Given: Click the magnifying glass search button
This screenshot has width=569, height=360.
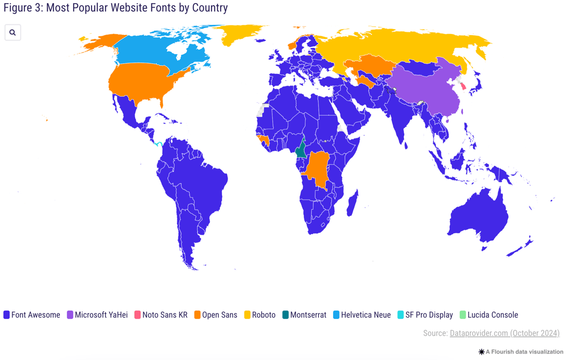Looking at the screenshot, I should tap(13, 33).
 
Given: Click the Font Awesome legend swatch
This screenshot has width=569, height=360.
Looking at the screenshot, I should tap(7, 315).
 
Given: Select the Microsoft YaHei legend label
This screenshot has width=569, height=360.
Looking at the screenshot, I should tap(101, 315).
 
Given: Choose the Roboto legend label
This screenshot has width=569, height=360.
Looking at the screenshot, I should tap(264, 315).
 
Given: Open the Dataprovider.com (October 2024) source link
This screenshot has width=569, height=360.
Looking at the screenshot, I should tap(504, 334).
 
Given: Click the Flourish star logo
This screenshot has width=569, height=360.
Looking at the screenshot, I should tap(481, 352).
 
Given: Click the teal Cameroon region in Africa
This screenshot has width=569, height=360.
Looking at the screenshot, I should tap(301, 151).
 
